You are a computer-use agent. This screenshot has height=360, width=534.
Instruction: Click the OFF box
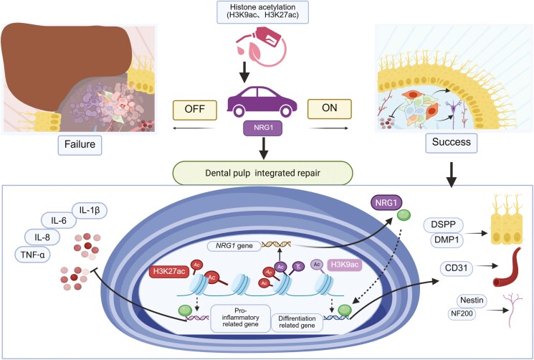pos(195,110)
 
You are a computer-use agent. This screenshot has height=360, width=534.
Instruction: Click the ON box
pos(329,109)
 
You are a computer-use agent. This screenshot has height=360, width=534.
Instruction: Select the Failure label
pos(80,145)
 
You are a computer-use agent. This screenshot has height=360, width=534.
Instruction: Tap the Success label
pos(452,143)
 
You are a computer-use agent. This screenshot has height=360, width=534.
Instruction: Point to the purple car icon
pos(262,101)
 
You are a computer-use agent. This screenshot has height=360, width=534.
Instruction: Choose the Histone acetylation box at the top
pos(262,12)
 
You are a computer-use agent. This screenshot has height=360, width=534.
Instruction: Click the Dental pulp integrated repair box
pos(262,173)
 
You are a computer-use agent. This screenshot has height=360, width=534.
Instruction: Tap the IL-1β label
pos(90,211)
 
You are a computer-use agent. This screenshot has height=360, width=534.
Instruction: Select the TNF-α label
pos(33,255)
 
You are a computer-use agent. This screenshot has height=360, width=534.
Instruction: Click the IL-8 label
pos(42,237)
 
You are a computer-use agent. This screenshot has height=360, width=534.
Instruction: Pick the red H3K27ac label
pos(169,272)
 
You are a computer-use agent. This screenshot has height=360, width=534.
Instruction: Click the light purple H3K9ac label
pos(344,265)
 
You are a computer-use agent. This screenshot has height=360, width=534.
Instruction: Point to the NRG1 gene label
pos(234,245)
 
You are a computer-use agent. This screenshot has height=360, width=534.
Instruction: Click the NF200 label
pos(462,313)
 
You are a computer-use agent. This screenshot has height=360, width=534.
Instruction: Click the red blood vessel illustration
pos(507,267)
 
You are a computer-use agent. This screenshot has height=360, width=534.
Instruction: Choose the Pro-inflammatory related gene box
pos(240,318)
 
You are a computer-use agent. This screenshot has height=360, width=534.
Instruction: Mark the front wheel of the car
pos(285,110)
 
